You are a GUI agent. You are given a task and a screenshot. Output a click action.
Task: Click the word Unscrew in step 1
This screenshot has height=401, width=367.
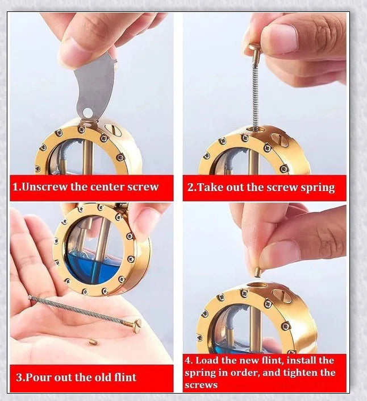click(45, 187)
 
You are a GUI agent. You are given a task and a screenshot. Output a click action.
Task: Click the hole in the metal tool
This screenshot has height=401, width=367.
click(87, 112)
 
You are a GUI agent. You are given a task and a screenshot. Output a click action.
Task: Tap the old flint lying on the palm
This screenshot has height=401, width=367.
click(93, 341)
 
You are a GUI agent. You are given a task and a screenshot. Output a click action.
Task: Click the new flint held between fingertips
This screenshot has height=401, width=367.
click(257, 272)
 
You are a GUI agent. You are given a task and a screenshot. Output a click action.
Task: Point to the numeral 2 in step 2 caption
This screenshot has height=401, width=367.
click(190, 187)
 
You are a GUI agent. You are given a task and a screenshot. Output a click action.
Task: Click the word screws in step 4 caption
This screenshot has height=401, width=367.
click(201, 385)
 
